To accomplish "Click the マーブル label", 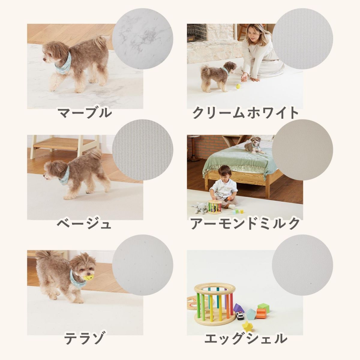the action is coord(84,113).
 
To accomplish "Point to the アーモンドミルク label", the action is coord(245,223).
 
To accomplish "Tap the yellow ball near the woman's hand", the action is coord(238,86).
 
